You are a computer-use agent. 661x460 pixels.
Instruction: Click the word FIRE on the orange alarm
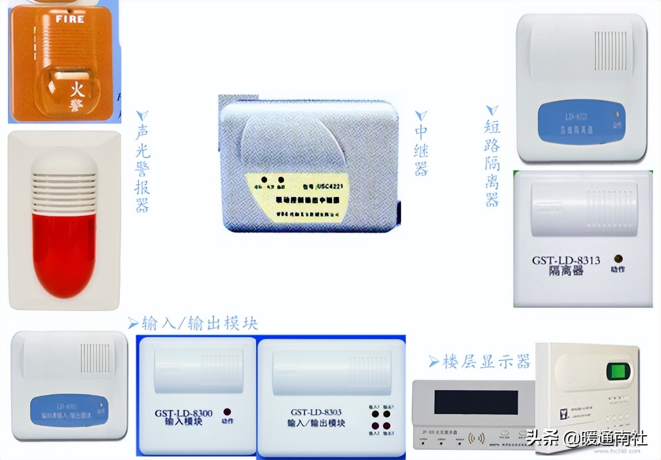(x=70, y=20)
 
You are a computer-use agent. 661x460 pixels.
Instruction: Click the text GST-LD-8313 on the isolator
(x=566, y=260)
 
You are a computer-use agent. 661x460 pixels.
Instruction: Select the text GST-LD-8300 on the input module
(x=184, y=413)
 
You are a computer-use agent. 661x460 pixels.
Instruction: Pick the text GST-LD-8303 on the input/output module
(x=316, y=413)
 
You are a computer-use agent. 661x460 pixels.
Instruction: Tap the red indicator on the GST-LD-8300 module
(x=227, y=412)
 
